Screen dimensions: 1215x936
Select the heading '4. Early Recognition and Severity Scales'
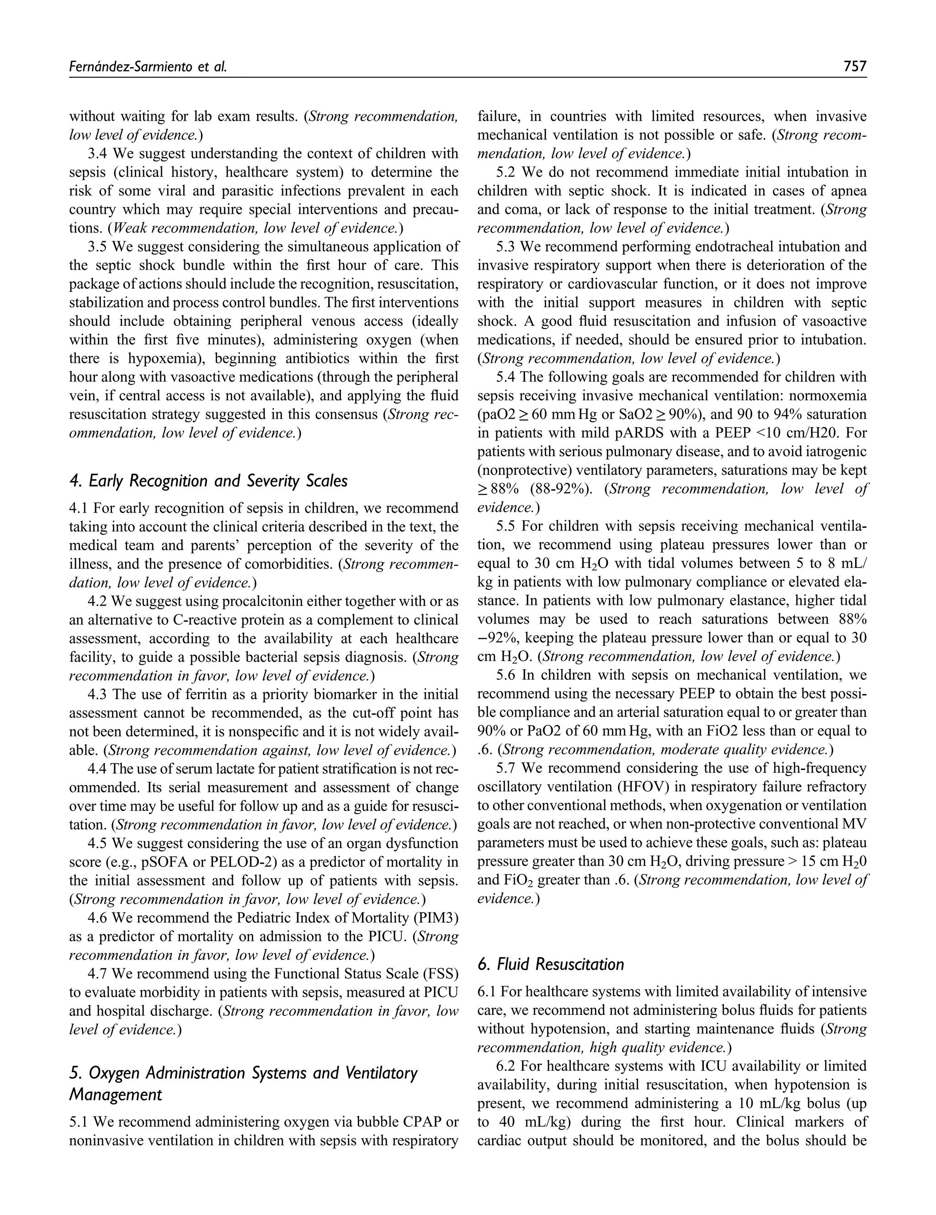pos(208,481)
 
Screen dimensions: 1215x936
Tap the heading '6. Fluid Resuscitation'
pos(550,964)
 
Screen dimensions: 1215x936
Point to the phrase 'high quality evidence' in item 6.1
pos(657,1048)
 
